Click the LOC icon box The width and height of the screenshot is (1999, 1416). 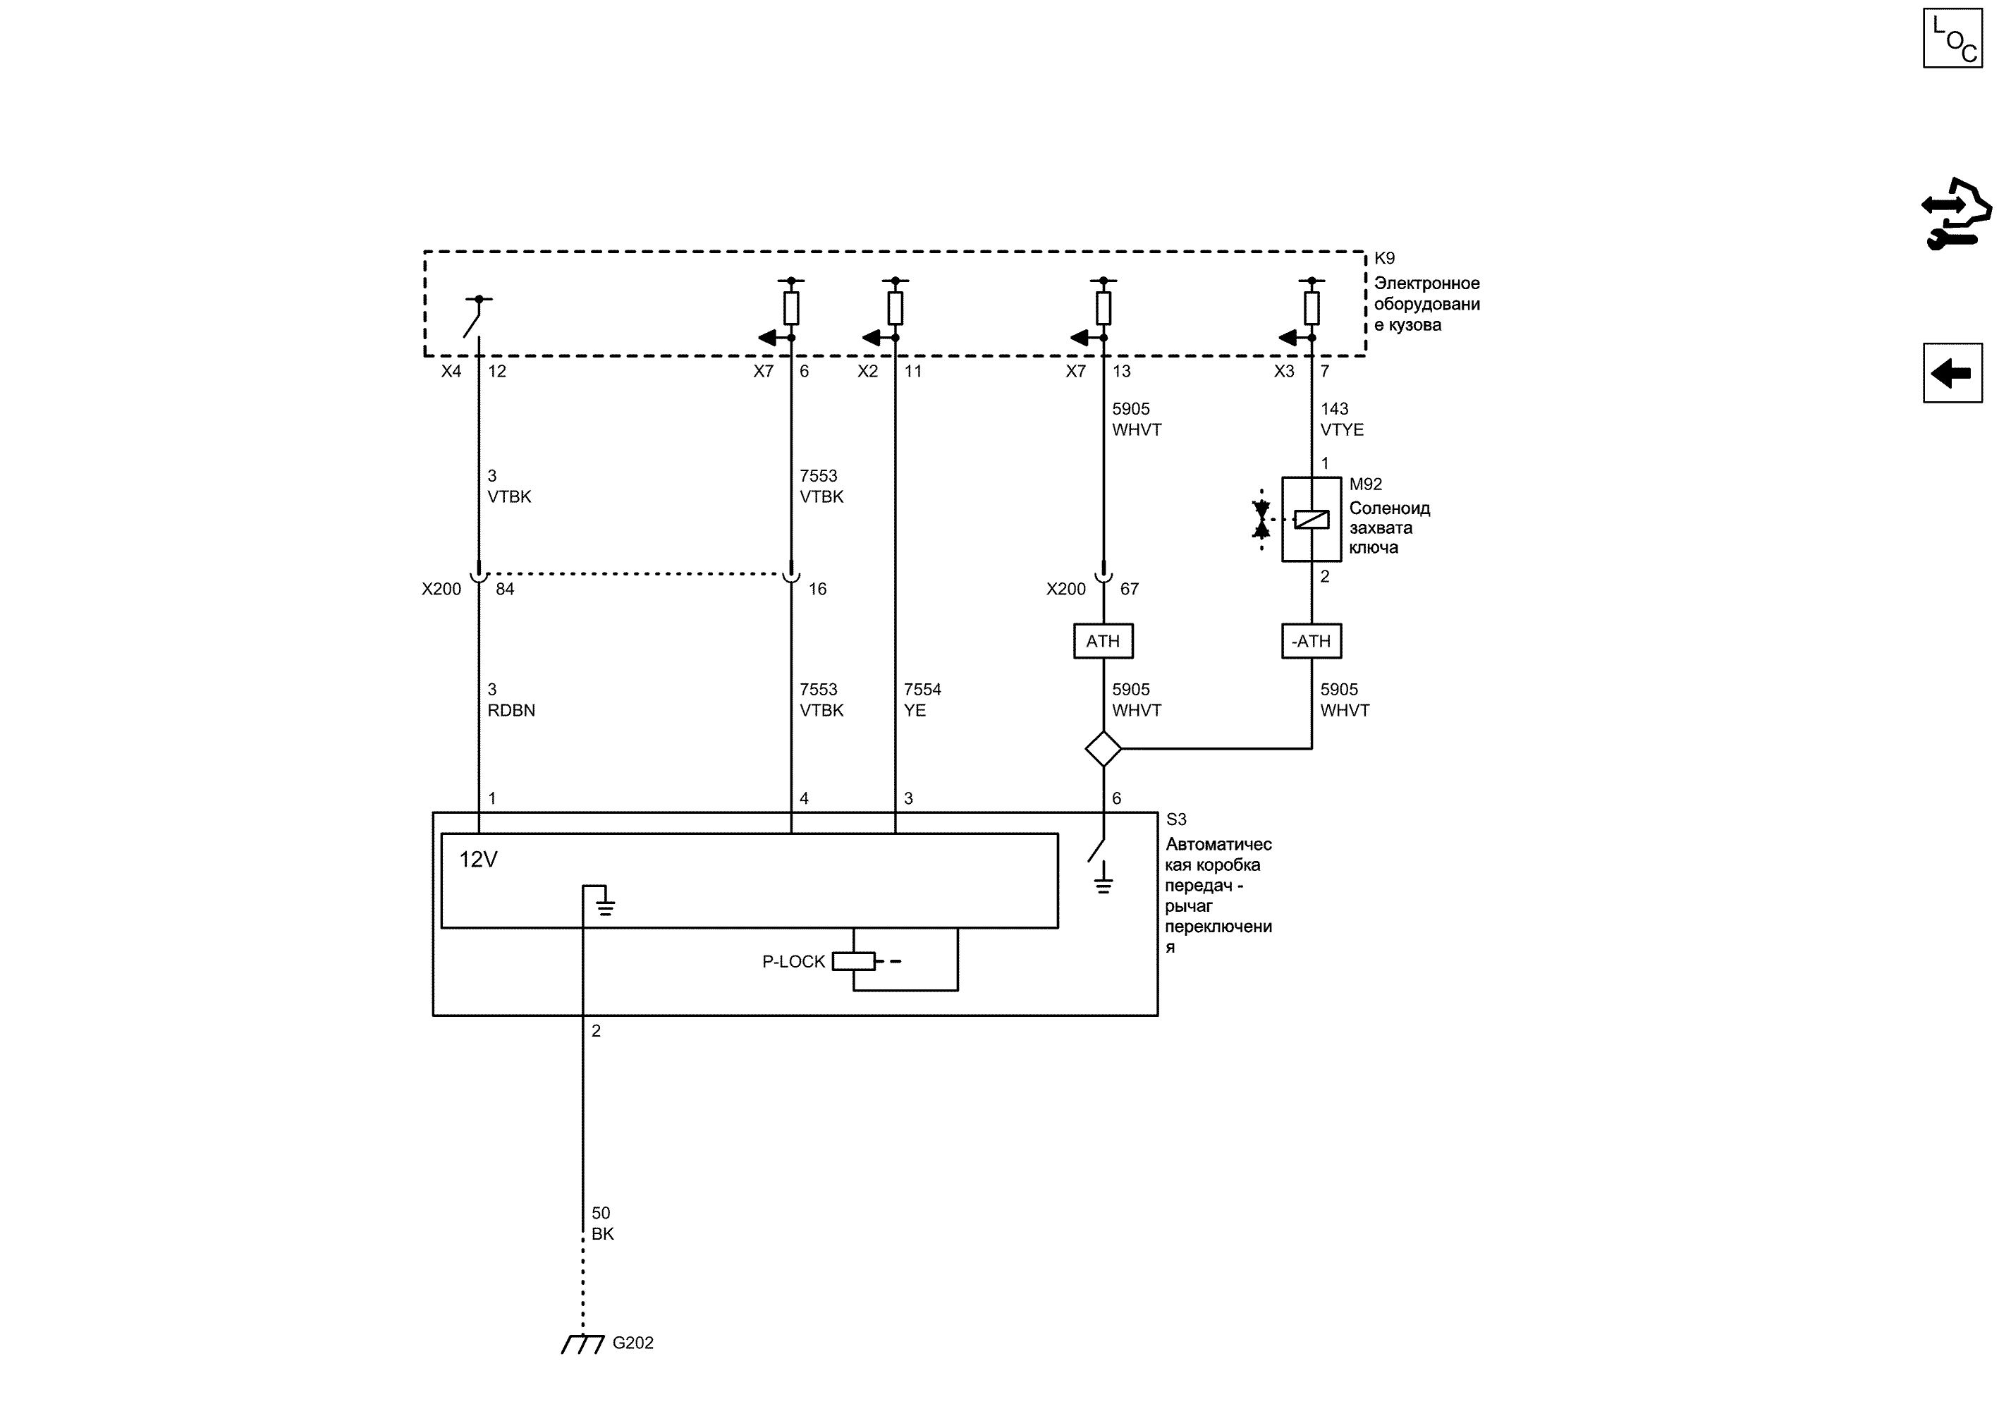[1952, 38]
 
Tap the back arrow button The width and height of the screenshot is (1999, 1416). [1952, 373]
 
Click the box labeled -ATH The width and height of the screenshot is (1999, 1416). [1312, 641]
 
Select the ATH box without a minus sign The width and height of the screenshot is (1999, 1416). [1103, 641]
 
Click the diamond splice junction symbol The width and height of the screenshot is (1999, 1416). [1103, 748]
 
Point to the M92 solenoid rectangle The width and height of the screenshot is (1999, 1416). [1312, 519]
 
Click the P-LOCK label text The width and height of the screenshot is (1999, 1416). [793, 961]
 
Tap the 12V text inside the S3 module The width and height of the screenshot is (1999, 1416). [478, 860]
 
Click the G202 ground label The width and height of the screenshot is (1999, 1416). [633, 1343]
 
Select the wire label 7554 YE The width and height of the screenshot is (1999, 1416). [922, 700]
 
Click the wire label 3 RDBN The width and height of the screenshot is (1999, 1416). [511, 700]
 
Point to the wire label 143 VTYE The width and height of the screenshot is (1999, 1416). [1342, 420]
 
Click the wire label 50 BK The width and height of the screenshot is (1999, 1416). [602, 1223]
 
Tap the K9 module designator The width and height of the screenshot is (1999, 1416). [1384, 258]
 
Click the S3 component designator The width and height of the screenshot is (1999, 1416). [1176, 819]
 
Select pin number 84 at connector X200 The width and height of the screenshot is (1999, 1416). [505, 590]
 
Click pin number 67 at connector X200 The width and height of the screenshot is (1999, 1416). [1129, 590]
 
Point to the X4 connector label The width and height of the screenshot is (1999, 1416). [451, 372]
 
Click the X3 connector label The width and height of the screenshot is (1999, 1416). [1284, 372]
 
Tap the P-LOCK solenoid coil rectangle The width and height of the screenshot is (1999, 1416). [853, 961]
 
